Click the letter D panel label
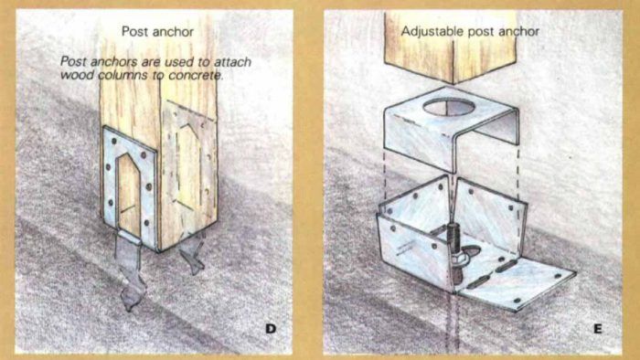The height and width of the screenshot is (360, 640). [x=271, y=328]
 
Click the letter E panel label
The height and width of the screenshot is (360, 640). [x=598, y=329]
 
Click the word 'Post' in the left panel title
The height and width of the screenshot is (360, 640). [x=133, y=31]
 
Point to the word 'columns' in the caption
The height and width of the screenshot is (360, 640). [x=125, y=76]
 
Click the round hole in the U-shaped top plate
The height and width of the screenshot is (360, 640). [x=449, y=108]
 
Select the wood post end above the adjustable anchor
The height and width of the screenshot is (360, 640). [x=451, y=47]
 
